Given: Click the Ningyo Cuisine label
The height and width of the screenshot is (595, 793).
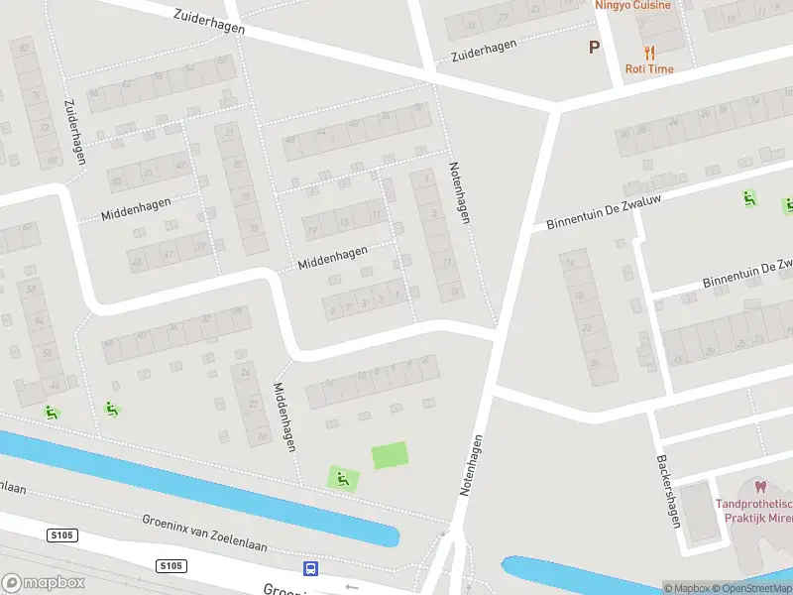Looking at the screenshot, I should coord(632,5).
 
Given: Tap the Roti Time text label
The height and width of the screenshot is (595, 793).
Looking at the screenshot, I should coord(648,69).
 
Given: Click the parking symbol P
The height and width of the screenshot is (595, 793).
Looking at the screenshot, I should coord(595,47).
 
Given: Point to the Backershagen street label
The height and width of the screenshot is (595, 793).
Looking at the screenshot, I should coord(668,491).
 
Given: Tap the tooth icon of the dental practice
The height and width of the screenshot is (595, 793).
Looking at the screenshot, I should coord(760,486).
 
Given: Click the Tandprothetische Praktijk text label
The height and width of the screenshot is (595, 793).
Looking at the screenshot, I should coord(753,512).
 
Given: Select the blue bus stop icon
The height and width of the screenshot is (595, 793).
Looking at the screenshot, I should coord(311,568).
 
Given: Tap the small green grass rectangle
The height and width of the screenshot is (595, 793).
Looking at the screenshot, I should coord(390,455).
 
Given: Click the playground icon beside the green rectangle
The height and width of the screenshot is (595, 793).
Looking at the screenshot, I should coord(343,480).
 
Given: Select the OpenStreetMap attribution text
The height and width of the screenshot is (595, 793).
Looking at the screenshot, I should coord(749,588).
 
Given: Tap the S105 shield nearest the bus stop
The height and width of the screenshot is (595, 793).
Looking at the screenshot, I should coord(171,566).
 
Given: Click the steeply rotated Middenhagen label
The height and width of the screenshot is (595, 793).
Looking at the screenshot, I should coord(285,416).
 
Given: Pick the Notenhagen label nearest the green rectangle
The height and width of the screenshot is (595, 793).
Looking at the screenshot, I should coord(472,464).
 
